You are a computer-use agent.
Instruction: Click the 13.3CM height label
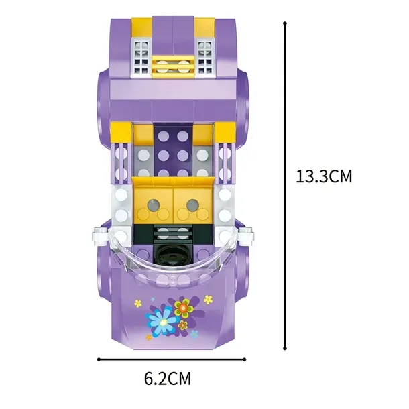(x=324, y=176)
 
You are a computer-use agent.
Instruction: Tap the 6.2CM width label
(x=168, y=378)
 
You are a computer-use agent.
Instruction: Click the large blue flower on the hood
(x=159, y=320)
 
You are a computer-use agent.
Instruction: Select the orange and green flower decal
(x=184, y=308)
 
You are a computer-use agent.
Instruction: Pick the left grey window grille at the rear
(x=141, y=57)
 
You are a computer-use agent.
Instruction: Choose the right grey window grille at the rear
(x=205, y=57)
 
